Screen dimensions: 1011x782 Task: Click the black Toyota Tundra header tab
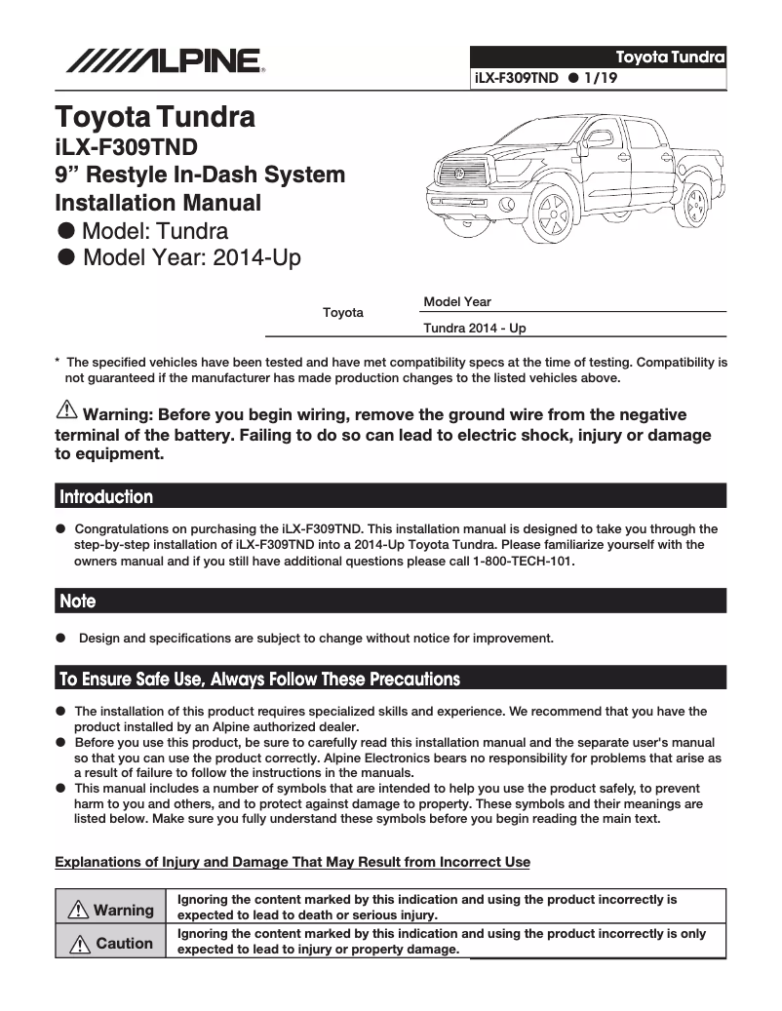click(598, 56)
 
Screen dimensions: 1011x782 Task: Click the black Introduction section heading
click(390, 496)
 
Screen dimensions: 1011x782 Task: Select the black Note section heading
click(390, 601)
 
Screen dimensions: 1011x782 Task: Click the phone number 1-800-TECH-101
click(524, 563)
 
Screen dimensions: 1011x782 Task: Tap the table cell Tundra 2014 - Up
click(475, 329)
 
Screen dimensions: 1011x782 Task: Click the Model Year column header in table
click(457, 303)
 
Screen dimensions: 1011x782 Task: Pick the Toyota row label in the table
click(342, 313)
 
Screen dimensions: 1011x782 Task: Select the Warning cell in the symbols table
click(111, 910)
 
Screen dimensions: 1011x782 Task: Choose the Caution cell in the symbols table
click(111, 943)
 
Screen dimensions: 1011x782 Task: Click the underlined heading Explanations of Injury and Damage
click(293, 862)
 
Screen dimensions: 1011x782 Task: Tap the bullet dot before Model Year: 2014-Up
click(66, 257)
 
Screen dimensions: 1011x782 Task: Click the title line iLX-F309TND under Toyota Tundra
click(126, 147)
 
